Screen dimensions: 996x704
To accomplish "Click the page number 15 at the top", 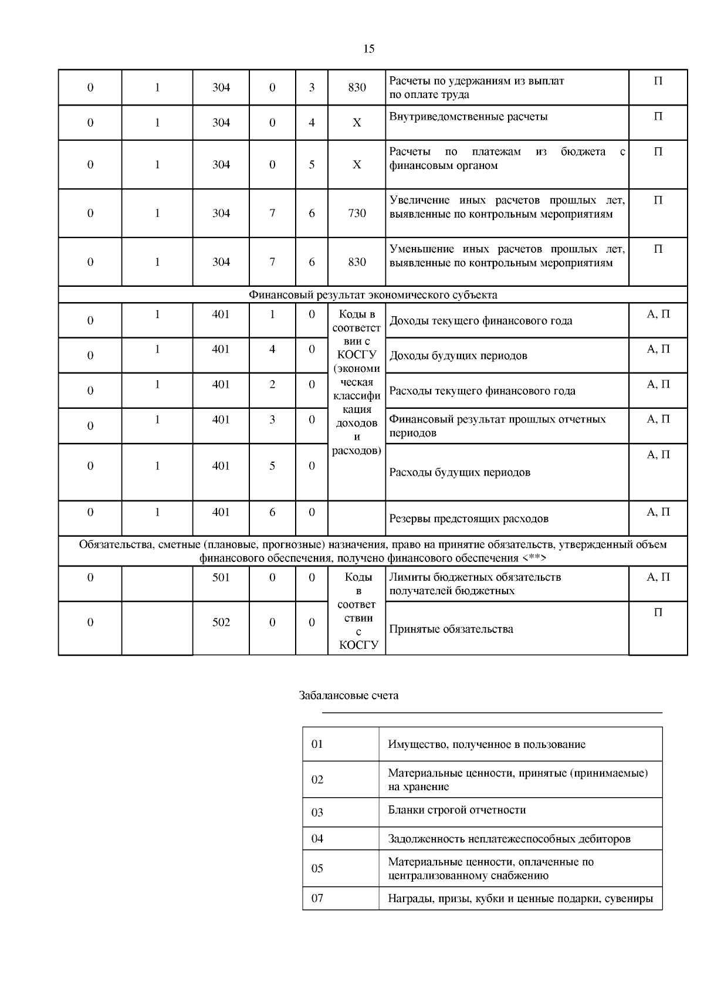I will click(x=368, y=49).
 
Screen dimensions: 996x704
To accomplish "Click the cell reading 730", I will click(x=357, y=213).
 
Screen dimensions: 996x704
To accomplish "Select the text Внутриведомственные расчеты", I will click(x=468, y=117).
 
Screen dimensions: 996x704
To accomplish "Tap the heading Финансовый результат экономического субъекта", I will click(x=373, y=294).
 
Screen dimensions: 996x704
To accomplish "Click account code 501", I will click(x=221, y=577).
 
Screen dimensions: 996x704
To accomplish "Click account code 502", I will click(x=221, y=622).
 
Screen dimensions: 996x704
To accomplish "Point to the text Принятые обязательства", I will click(x=451, y=629).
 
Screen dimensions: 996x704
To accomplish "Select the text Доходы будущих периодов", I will click(x=458, y=355).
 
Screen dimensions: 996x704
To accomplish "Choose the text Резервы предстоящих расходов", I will click(x=469, y=519).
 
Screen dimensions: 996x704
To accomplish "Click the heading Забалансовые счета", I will click(x=348, y=696).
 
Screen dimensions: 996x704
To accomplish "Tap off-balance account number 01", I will click(x=317, y=744).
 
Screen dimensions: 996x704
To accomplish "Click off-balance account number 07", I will click(x=317, y=898).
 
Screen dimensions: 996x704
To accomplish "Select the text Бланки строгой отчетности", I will click(x=456, y=810).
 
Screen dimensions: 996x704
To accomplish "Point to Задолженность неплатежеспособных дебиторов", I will click(x=509, y=839).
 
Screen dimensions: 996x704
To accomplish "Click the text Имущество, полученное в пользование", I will click(x=486, y=744).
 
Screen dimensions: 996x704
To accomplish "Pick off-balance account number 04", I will click(x=317, y=839).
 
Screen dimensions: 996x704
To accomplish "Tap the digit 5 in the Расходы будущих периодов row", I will click(x=272, y=466).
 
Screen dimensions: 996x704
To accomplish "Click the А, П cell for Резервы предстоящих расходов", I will click(x=658, y=512).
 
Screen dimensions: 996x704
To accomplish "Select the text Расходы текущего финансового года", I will click(x=482, y=391).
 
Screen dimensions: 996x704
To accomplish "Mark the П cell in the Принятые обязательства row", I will click(x=658, y=612).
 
